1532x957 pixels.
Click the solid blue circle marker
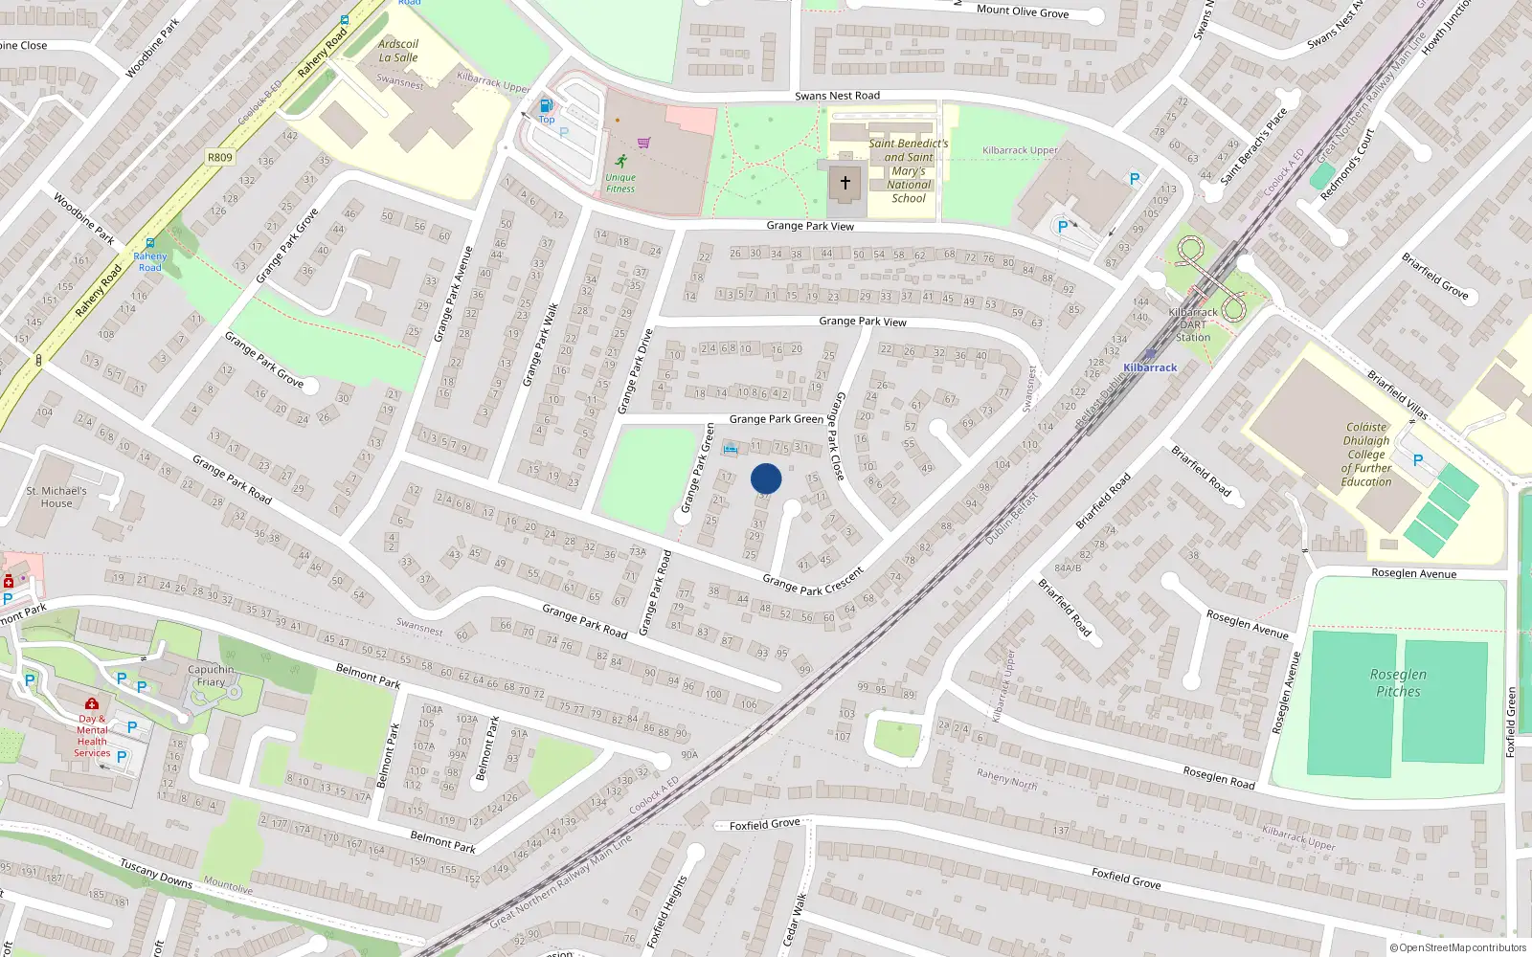766,478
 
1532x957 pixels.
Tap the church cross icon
845,182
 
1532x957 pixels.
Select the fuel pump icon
546,105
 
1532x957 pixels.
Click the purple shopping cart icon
643,143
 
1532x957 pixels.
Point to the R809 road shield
219,157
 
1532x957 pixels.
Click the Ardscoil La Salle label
398,51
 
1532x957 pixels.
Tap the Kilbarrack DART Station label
1193,324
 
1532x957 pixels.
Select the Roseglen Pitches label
1398,682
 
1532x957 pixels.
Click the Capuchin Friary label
211,676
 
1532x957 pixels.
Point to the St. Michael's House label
56,497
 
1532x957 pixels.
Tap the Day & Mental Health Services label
93,735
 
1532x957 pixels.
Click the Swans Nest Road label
837,96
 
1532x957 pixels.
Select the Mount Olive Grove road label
1023,11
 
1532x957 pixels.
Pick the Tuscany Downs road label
156,874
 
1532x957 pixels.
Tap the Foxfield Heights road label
667,911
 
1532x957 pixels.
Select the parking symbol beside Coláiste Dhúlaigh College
1418,460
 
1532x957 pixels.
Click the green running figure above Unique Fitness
620,160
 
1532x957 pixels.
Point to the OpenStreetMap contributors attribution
1458,947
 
